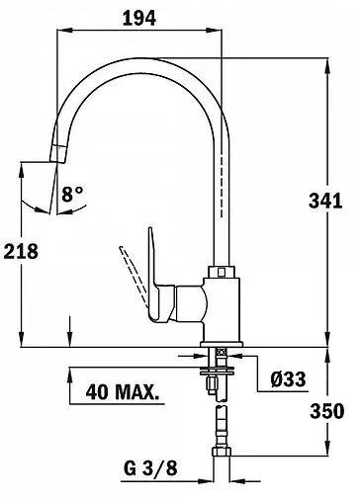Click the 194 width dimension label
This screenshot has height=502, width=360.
click(139, 18)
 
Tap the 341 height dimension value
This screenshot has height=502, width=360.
click(325, 201)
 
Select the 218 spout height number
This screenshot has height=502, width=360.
click(21, 252)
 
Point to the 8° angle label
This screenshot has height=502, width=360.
click(72, 194)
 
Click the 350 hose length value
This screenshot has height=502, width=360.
click(327, 411)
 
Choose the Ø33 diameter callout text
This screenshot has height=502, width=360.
click(288, 379)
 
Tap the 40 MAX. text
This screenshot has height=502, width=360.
click(122, 391)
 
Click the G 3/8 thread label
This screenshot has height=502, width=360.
click(150, 467)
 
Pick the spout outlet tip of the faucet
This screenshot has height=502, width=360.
click(58, 153)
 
